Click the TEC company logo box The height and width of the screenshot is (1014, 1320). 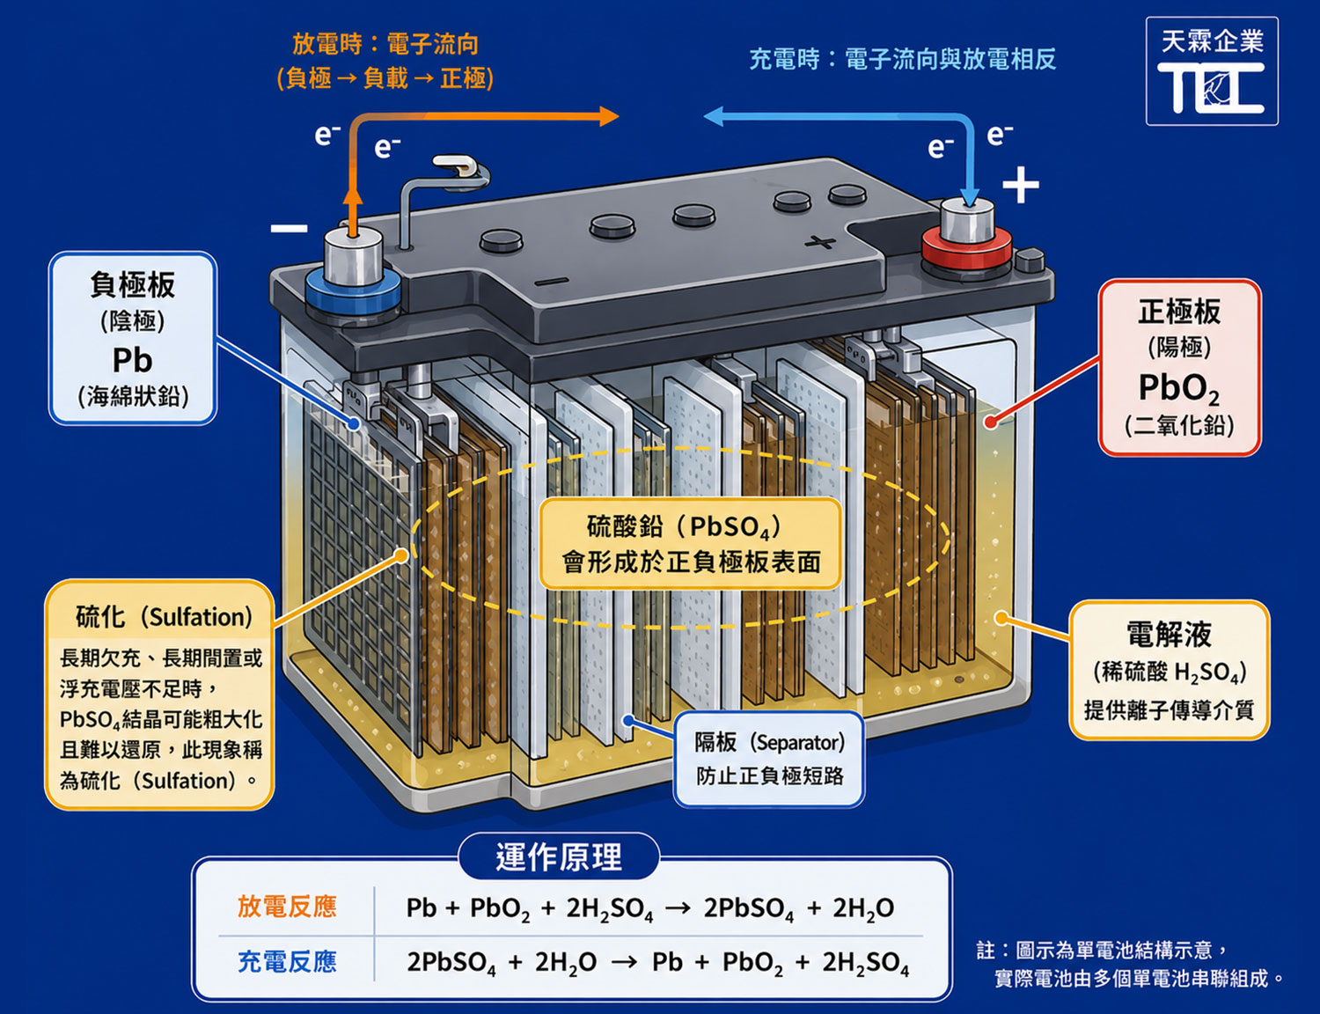1212,71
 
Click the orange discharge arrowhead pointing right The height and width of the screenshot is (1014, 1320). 608,116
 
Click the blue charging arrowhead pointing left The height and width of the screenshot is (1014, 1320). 714,116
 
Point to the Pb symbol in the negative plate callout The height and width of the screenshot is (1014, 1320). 132,360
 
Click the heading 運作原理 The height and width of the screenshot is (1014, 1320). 559,856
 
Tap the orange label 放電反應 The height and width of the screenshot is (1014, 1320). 287,907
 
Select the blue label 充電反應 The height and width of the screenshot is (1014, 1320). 287,961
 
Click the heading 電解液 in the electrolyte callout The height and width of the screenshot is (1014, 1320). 1170,635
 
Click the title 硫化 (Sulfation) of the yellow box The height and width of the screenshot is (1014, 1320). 164,617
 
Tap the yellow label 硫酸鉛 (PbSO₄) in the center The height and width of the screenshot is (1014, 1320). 684,526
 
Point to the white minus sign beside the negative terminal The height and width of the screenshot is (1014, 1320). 290,229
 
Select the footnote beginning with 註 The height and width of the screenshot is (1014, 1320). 1130,964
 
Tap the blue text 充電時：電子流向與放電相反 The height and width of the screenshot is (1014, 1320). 903,60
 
